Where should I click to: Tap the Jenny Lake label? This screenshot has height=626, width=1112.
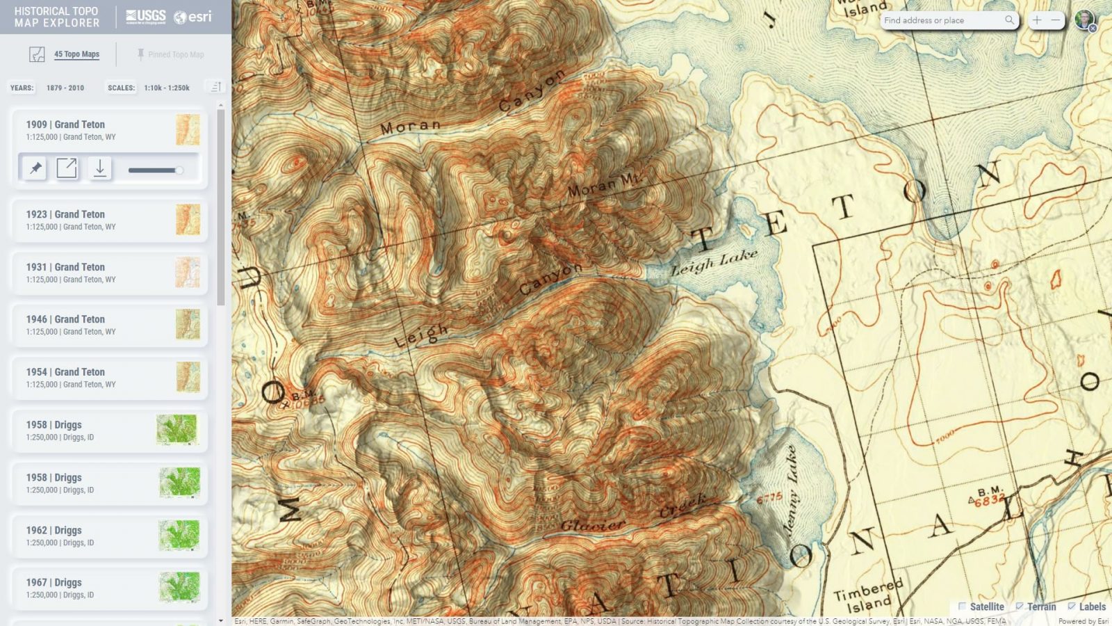(791, 491)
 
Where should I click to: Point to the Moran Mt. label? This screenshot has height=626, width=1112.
(603, 185)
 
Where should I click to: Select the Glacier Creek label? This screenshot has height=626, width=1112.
(632, 515)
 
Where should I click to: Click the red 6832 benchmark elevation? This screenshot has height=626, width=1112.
(988, 501)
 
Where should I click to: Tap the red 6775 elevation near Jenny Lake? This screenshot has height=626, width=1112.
(769, 499)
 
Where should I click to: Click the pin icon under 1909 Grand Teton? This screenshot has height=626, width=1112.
(35, 168)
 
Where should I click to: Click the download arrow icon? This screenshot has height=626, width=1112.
(100, 168)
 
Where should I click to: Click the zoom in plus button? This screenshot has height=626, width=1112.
(1037, 20)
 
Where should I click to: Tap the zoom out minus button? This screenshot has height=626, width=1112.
(1056, 20)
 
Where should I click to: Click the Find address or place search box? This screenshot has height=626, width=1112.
(942, 20)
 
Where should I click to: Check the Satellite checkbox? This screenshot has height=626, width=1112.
(963, 607)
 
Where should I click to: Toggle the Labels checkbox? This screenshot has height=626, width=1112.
(1072, 607)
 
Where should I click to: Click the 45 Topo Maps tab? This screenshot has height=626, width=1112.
(76, 54)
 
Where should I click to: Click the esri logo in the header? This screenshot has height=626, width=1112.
(193, 17)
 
